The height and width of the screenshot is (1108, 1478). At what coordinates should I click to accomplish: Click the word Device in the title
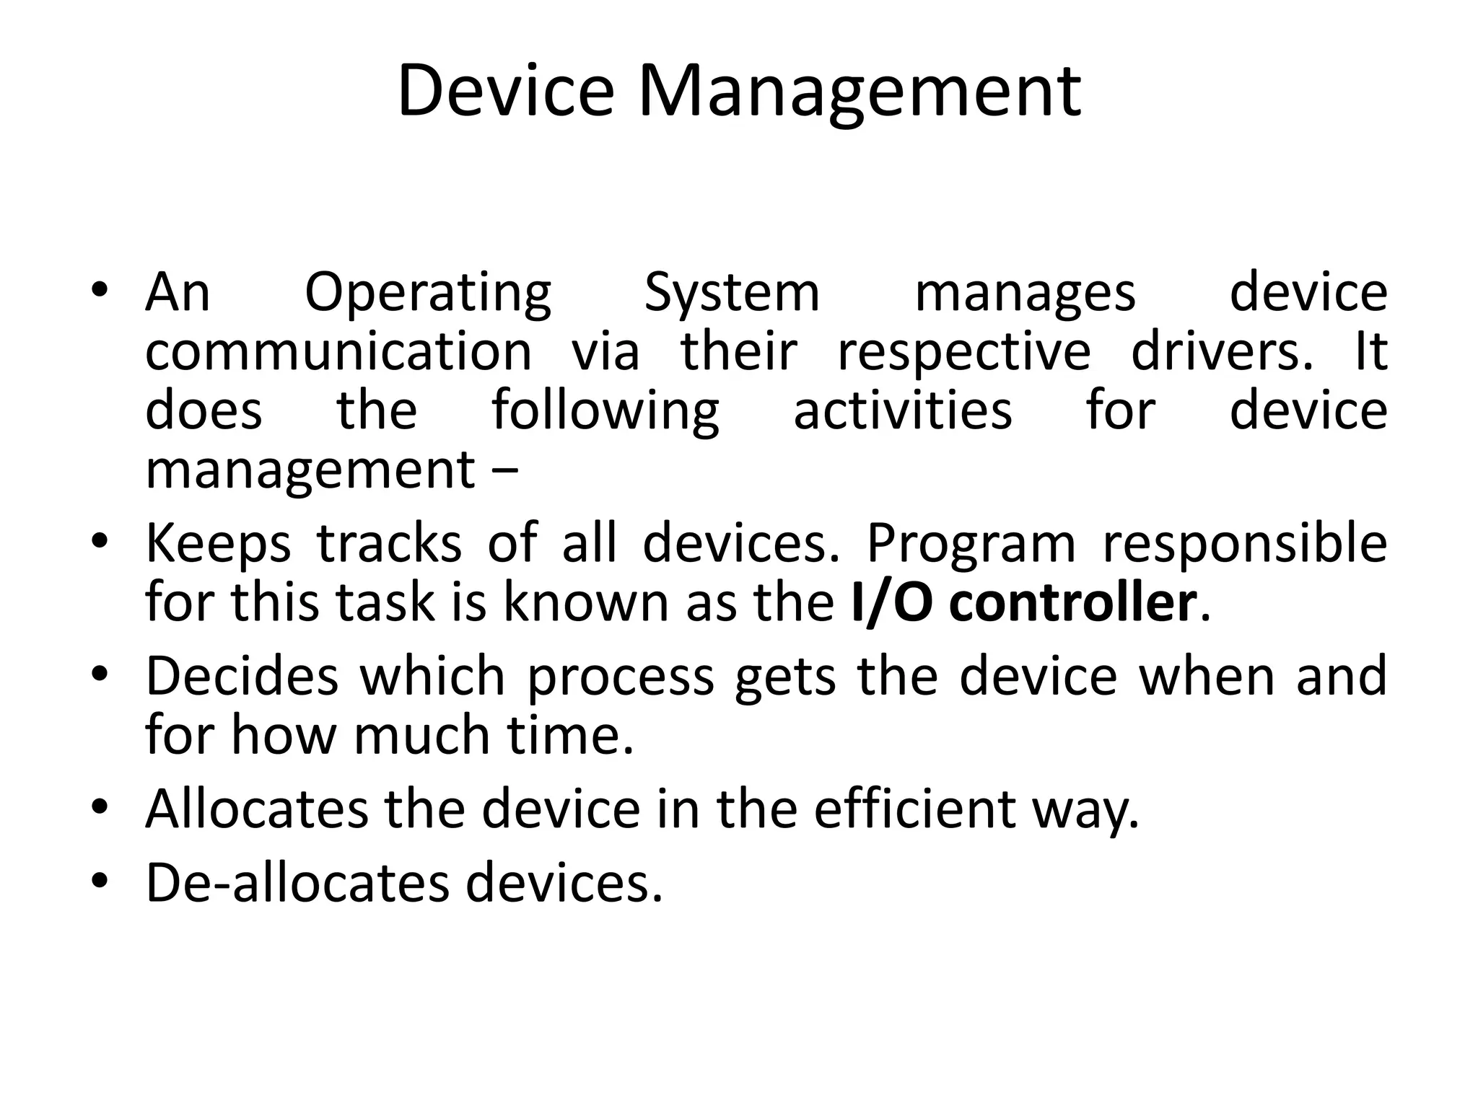pos(506,91)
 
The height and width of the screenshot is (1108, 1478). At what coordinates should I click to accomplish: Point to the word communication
pos(338,351)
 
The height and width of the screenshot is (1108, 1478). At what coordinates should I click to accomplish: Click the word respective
pos(963,351)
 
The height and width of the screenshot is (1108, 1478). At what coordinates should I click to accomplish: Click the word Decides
pos(242,676)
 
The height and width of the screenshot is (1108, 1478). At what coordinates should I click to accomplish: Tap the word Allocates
pos(256,809)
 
